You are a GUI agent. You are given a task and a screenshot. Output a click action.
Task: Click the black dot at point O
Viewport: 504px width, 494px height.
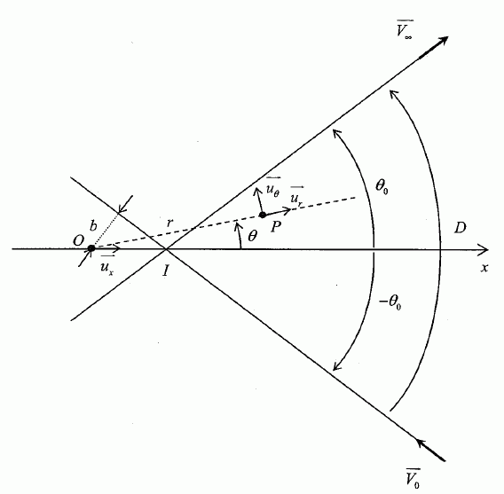click(x=91, y=248)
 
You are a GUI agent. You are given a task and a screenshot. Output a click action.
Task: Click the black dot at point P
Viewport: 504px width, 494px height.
click(x=263, y=215)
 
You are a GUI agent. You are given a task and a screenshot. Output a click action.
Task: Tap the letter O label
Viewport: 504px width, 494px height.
click(x=78, y=240)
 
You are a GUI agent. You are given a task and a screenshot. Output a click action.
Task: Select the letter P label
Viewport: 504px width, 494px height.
click(x=275, y=227)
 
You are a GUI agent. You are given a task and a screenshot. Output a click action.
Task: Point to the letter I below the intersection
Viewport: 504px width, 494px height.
click(x=166, y=271)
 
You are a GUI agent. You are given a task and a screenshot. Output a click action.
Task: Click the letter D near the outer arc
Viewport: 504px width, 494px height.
click(x=460, y=228)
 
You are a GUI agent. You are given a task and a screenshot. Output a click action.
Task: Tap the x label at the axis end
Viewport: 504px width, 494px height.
click(x=484, y=267)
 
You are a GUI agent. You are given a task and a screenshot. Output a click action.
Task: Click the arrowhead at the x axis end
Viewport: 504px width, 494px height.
click(x=483, y=249)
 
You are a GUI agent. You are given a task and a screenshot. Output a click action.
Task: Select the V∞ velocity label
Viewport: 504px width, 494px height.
click(x=404, y=29)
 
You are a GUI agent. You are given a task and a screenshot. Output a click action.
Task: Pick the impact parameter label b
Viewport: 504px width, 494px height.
click(x=93, y=226)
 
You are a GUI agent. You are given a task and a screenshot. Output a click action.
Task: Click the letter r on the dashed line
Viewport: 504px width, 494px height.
click(x=169, y=223)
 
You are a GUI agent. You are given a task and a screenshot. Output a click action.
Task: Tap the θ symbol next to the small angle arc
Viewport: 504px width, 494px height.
click(x=253, y=236)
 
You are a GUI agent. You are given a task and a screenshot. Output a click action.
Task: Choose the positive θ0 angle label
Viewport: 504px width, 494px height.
click(x=382, y=186)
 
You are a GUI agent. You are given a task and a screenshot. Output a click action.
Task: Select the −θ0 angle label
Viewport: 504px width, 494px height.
click(x=390, y=302)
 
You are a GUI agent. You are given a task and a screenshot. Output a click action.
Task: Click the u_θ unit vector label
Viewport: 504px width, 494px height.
click(x=272, y=188)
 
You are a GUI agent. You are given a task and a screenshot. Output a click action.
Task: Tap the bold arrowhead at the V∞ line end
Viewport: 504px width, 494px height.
click(x=440, y=43)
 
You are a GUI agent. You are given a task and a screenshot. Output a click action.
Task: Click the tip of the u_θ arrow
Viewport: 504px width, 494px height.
click(x=256, y=188)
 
